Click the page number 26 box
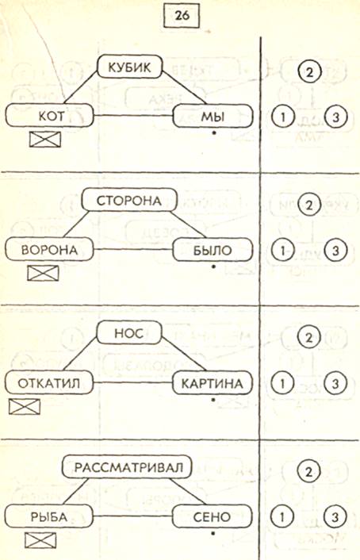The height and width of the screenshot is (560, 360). pos(182,16)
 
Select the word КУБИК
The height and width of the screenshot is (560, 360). pos(129,67)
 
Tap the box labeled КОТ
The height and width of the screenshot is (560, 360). pos(50,116)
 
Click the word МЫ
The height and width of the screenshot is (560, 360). pos(213,117)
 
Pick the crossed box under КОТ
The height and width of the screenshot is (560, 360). pos(45,140)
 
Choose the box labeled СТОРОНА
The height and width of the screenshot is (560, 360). pos(129,201)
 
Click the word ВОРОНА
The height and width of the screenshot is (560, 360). pos(49,250)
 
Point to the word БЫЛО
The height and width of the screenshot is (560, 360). pos(213,250)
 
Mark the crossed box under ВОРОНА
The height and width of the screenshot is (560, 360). pos(43,273)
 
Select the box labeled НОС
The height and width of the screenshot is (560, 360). pos(129,334)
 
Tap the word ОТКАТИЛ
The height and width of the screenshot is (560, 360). pos(49,383)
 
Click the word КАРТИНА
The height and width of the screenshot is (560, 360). pos(213,383)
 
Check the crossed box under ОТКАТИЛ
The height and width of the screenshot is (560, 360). pos(25,407)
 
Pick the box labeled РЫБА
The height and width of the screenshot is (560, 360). pos(49,516)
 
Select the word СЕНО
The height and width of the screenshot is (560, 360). pos(212,516)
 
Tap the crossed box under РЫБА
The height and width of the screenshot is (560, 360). pos(40,540)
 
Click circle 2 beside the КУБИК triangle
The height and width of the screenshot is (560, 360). pos(309,72)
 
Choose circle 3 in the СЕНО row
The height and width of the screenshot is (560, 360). pos(335,517)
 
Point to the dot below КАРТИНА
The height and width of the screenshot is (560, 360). pos(213,400)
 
